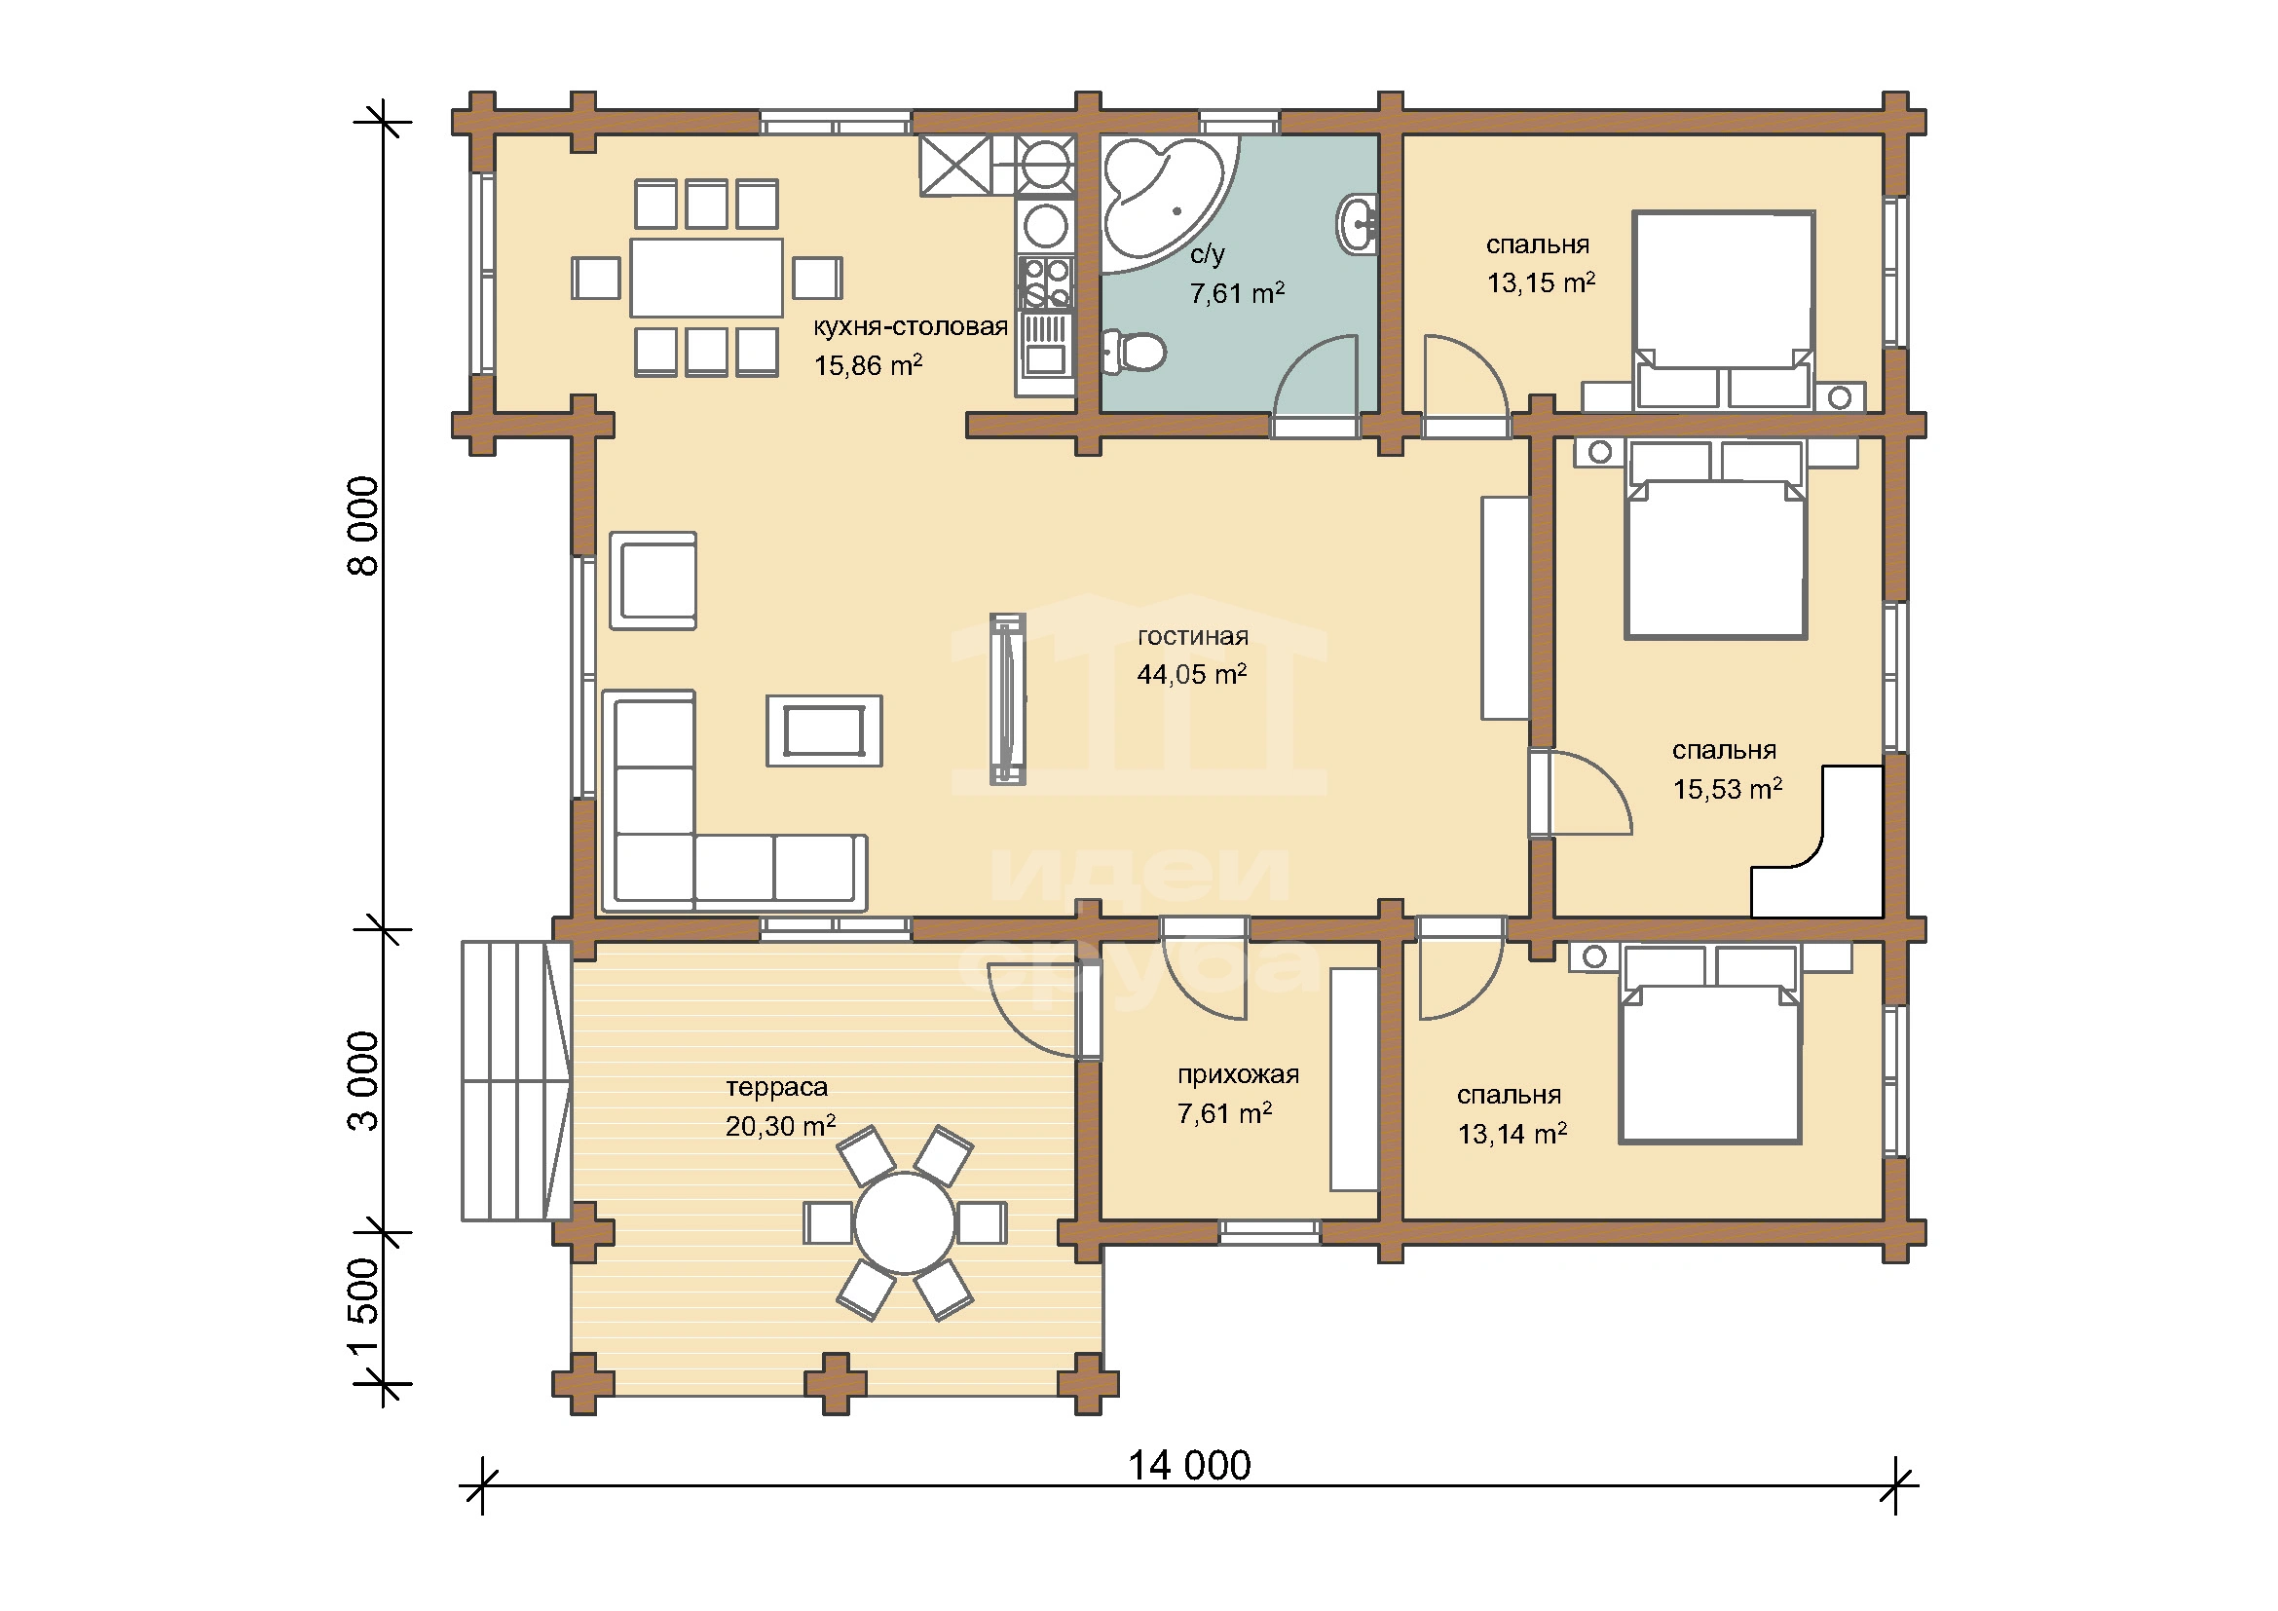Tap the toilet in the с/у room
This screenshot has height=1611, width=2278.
coord(1133,353)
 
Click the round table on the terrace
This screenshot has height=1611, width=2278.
coord(905,1223)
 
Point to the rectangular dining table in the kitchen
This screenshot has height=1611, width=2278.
coord(707,278)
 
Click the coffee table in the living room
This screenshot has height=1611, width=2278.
coord(825,731)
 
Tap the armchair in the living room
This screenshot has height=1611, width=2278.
coord(653,581)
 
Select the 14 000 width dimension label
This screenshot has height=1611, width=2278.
coord(1189,1464)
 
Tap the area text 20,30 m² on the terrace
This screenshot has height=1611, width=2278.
coord(781,1126)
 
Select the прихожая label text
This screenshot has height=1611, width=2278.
coord(1238,1075)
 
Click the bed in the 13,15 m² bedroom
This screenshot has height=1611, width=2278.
coord(1725,309)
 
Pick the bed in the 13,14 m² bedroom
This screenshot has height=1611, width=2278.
coord(1709,1044)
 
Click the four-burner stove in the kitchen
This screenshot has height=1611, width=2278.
coord(1046,282)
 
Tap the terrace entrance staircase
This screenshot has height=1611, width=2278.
coord(516,1081)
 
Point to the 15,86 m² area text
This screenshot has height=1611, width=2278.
coord(869,366)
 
